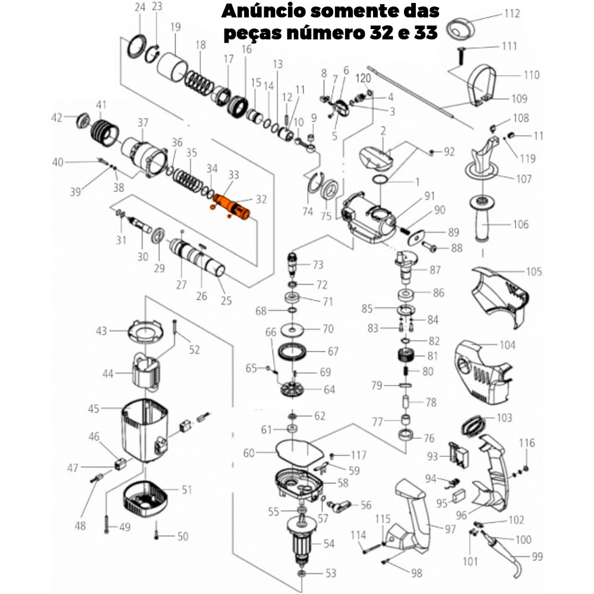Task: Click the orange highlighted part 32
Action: tap(233, 206)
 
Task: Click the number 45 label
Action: tap(94, 409)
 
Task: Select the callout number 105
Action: tap(534, 271)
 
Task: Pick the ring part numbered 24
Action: tap(138, 46)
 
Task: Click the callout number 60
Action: tap(248, 453)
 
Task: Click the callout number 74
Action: tap(307, 211)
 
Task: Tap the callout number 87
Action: tap(435, 270)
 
